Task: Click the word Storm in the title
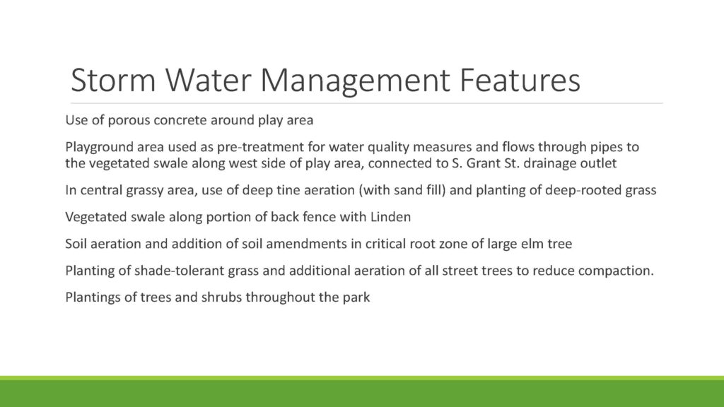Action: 113,80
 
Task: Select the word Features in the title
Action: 520,80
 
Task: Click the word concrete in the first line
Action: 180,120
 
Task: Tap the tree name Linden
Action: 390,217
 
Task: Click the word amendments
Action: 307,244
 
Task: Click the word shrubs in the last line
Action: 221,297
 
